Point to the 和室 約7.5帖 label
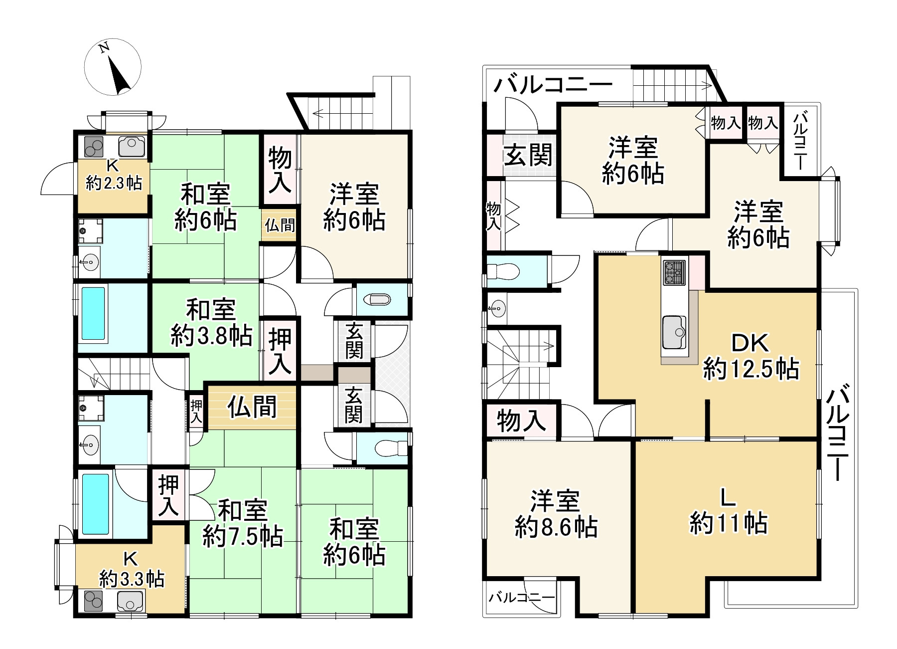coord(243,524)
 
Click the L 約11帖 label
coord(728,511)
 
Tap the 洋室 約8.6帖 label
coord(556,514)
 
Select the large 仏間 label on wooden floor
coord(252,407)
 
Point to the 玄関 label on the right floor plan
coord(529,155)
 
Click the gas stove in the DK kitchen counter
coord(674,273)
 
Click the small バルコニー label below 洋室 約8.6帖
coord(521,598)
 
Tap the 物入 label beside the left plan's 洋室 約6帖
coord(280,170)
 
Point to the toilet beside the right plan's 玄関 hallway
coord(503,272)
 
